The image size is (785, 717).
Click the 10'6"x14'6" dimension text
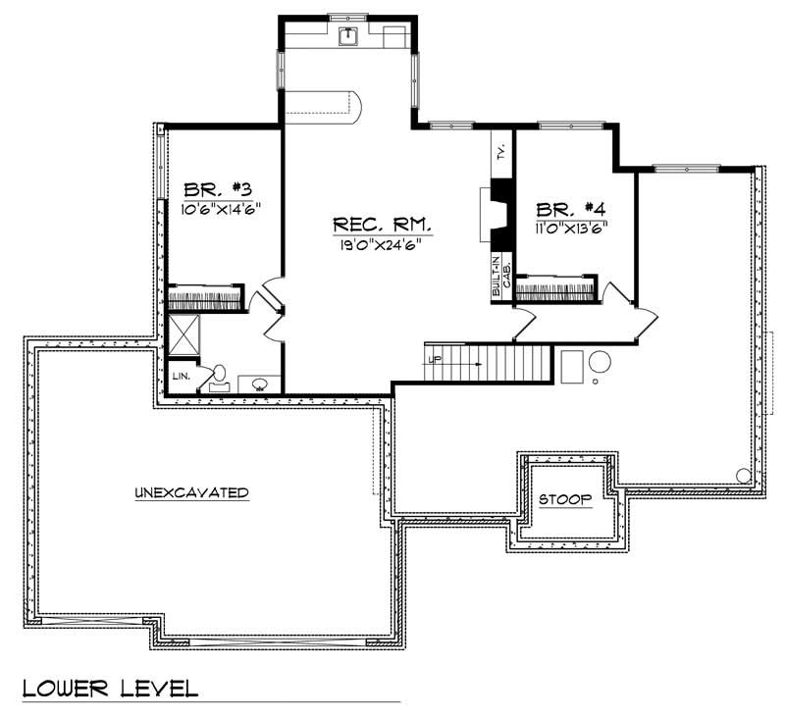[219, 209]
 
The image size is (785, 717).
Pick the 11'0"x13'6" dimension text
[571, 228]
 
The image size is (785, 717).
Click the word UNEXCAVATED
[190, 492]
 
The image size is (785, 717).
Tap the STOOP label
[565, 499]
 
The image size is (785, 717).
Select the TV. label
[500, 152]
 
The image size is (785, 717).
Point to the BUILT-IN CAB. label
[501, 276]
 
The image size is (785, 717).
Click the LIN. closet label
[182, 376]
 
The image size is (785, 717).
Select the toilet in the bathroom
[220, 376]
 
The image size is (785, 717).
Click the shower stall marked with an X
[184, 334]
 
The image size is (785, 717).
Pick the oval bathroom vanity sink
[260, 384]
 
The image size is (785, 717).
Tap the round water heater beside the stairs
[600, 362]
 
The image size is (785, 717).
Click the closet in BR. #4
[556, 289]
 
